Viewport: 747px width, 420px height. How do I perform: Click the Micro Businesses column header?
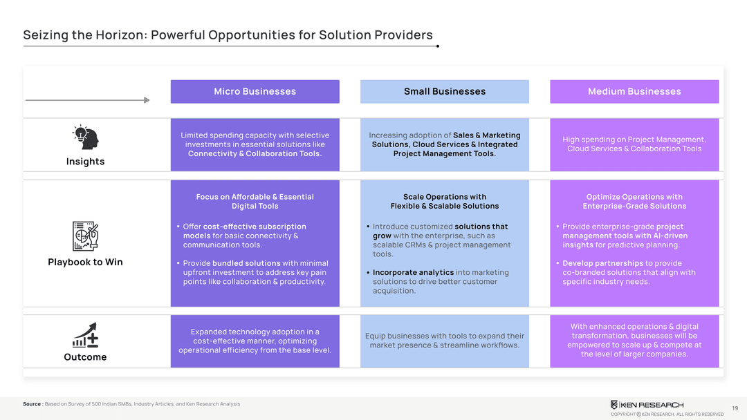point(255,91)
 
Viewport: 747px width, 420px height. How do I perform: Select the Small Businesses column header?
point(444,91)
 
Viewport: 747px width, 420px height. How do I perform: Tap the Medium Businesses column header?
point(634,91)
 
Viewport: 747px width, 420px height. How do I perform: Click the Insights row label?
point(85,162)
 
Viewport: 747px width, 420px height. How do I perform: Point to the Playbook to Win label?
point(85,262)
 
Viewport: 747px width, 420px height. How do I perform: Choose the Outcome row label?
point(85,357)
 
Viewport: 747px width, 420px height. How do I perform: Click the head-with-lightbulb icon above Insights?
point(86,137)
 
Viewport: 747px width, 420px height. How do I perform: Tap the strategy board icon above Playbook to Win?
point(86,237)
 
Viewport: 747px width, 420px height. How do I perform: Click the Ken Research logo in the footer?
point(647,405)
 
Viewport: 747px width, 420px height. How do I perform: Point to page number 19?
point(734,408)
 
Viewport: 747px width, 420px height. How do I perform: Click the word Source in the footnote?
point(32,404)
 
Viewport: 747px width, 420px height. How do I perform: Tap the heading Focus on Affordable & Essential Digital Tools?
point(255,202)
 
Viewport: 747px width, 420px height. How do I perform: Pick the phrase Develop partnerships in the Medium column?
point(602,263)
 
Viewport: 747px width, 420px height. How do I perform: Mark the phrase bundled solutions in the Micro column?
point(246,263)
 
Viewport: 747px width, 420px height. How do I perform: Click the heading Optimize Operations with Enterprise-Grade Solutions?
point(634,202)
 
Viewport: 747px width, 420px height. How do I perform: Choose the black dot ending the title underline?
point(438,46)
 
